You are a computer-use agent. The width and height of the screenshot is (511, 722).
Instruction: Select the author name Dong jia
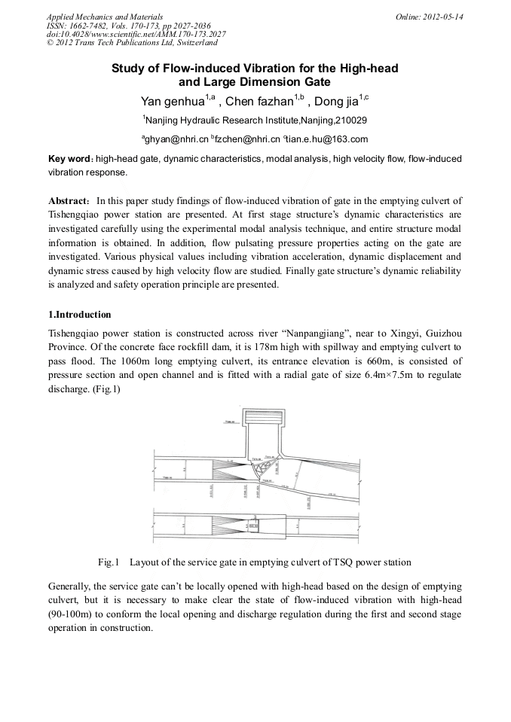pyautogui.click(x=335, y=102)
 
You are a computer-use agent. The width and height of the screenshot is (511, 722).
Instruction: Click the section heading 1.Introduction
pyautogui.click(x=79, y=314)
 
